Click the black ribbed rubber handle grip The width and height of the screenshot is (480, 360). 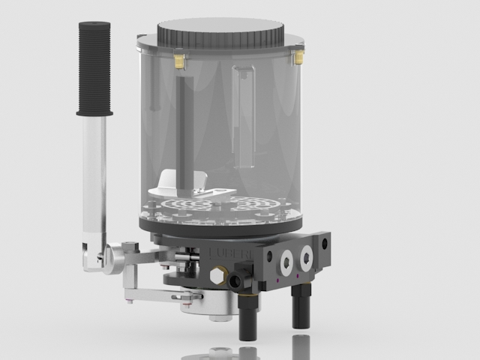(94, 67)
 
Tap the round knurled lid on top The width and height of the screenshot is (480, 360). (220, 32)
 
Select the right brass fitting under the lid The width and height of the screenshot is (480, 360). (298, 56)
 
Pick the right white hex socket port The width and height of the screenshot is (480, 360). (306, 258)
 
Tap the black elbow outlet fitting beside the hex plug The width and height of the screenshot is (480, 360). (239, 282)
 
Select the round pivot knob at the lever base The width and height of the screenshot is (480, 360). (115, 259)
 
